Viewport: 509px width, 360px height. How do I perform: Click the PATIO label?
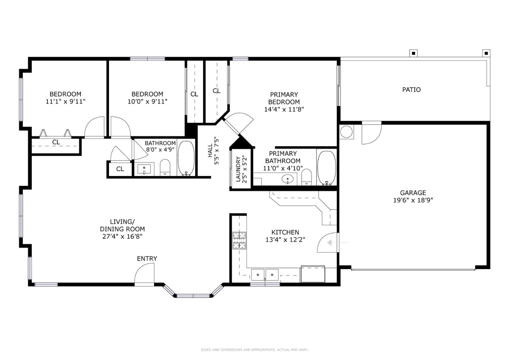pos(411,90)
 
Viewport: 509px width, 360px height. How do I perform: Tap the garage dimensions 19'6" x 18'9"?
pos(413,200)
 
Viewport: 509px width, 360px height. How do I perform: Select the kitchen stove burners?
pos(239,240)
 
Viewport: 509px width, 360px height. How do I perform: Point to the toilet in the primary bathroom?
pos(306,177)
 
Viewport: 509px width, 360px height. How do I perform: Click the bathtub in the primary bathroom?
pos(326,168)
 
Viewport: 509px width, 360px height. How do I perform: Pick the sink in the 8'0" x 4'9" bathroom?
pos(144,169)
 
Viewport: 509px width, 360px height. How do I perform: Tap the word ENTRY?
pos(147,259)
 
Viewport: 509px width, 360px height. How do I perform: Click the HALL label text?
pos(210,150)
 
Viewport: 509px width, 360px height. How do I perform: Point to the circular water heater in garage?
pos(346,132)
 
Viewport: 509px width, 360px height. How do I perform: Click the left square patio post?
pos(413,53)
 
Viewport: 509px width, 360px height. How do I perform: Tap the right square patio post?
pos(486,53)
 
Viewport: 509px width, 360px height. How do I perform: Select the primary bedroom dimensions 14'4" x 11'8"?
pos(284,109)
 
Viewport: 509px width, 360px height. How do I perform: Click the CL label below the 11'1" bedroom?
pos(56,142)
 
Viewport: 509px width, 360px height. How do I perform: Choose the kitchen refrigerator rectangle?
pos(313,274)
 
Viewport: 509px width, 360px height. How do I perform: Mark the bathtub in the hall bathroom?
pos(186,158)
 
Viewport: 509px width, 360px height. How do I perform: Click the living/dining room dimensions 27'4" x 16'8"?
pos(122,236)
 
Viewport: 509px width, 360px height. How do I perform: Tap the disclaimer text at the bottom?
pos(254,349)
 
